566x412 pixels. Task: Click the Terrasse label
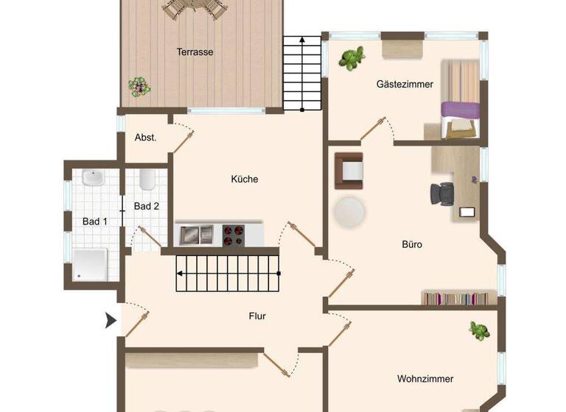point(195,52)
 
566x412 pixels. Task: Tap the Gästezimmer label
point(405,85)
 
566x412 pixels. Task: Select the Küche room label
point(245,179)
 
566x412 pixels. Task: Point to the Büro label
point(412,244)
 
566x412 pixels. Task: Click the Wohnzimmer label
point(425,379)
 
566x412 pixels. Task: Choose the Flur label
point(256,316)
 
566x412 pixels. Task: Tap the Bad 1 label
point(94,221)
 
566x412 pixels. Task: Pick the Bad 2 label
point(146,206)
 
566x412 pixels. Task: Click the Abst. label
point(145,138)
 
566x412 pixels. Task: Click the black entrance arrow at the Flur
point(111,320)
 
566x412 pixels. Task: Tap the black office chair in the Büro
point(444,193)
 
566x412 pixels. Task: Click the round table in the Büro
point(349,212)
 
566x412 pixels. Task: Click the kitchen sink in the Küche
point(195,235)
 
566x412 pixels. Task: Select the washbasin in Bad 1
point(94,178)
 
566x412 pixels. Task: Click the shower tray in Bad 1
point(91,264)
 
